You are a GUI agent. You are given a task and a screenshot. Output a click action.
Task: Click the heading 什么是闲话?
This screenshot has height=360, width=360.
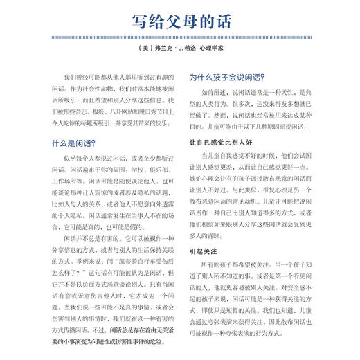point(69,143)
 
